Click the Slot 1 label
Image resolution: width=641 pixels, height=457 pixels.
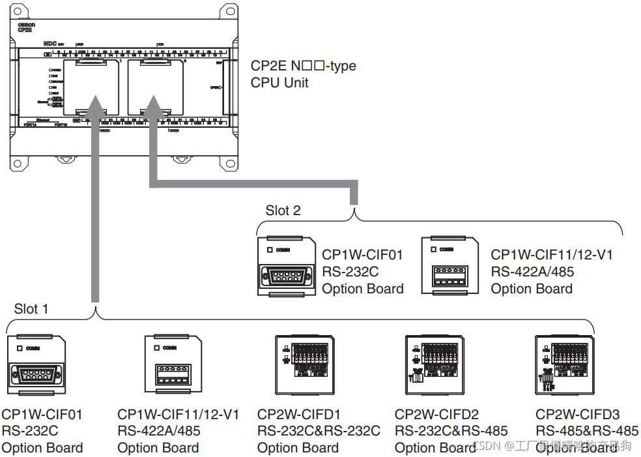click(31, 308)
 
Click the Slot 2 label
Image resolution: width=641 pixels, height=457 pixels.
click(283, 211)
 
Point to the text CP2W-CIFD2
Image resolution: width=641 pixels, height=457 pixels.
click(436, 414)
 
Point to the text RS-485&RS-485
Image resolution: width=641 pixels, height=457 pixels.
click(587, 431)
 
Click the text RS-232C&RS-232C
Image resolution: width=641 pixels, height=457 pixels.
click(319, 431)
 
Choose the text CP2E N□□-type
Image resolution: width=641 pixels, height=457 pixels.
click(304, 66)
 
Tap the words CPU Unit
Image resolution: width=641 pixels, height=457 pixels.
click(279, 83)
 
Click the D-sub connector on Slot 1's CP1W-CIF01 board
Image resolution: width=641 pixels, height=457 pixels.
click(35, 376)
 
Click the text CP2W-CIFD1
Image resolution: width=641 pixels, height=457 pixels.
click(298, 414)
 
